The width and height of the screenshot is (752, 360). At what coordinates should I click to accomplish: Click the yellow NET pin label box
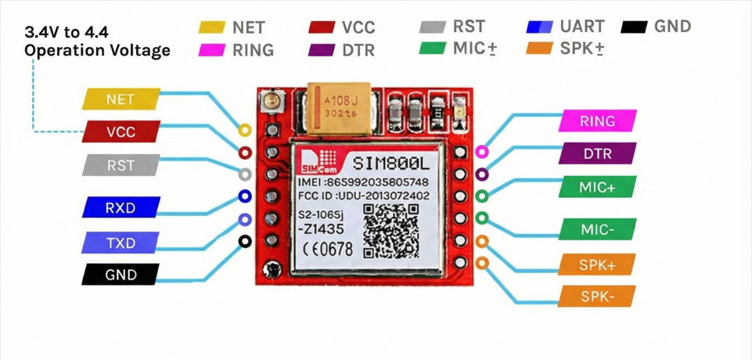tap(121, 99)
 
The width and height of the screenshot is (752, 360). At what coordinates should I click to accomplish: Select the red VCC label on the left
tap(121, 132)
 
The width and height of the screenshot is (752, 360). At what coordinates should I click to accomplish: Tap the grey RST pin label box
tap(121, 166)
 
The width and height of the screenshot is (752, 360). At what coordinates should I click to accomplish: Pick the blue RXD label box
tap(121, 208)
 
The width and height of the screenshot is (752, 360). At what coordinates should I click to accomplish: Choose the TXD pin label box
tap(121, 243)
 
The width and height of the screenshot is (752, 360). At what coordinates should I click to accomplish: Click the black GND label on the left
tap(121, 275)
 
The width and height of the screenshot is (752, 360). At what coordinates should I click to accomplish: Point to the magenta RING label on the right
tap(598, 121)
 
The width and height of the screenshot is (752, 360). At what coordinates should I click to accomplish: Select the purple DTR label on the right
tap(598, 154)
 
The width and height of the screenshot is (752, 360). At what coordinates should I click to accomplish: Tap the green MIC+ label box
tap(598, 188)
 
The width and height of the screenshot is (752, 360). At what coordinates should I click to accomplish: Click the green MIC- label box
tap(598, 230)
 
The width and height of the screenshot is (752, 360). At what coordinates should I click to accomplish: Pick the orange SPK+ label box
tap(598, 265)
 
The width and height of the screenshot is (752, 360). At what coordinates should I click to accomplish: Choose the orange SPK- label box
tap(598, 297)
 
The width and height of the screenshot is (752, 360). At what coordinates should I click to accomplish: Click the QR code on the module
tap(391, 231)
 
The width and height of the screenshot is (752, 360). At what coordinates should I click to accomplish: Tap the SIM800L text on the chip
tap(390, 164)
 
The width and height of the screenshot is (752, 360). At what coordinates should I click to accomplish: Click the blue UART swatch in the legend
tap(540, 27)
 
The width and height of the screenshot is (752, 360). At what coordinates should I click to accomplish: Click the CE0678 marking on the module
tap(328, 249)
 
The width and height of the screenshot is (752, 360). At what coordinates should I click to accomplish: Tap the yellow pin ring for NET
tap(245, 130)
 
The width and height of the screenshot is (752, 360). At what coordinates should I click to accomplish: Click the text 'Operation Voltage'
tap(97, 51)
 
